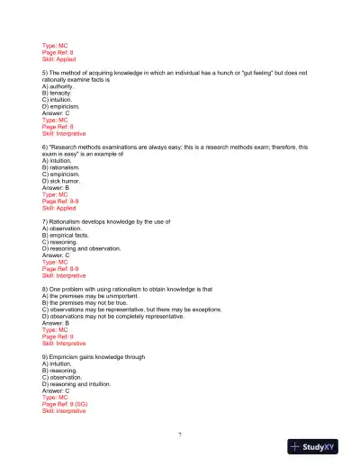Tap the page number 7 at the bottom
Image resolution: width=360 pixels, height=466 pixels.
coord(180,435)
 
